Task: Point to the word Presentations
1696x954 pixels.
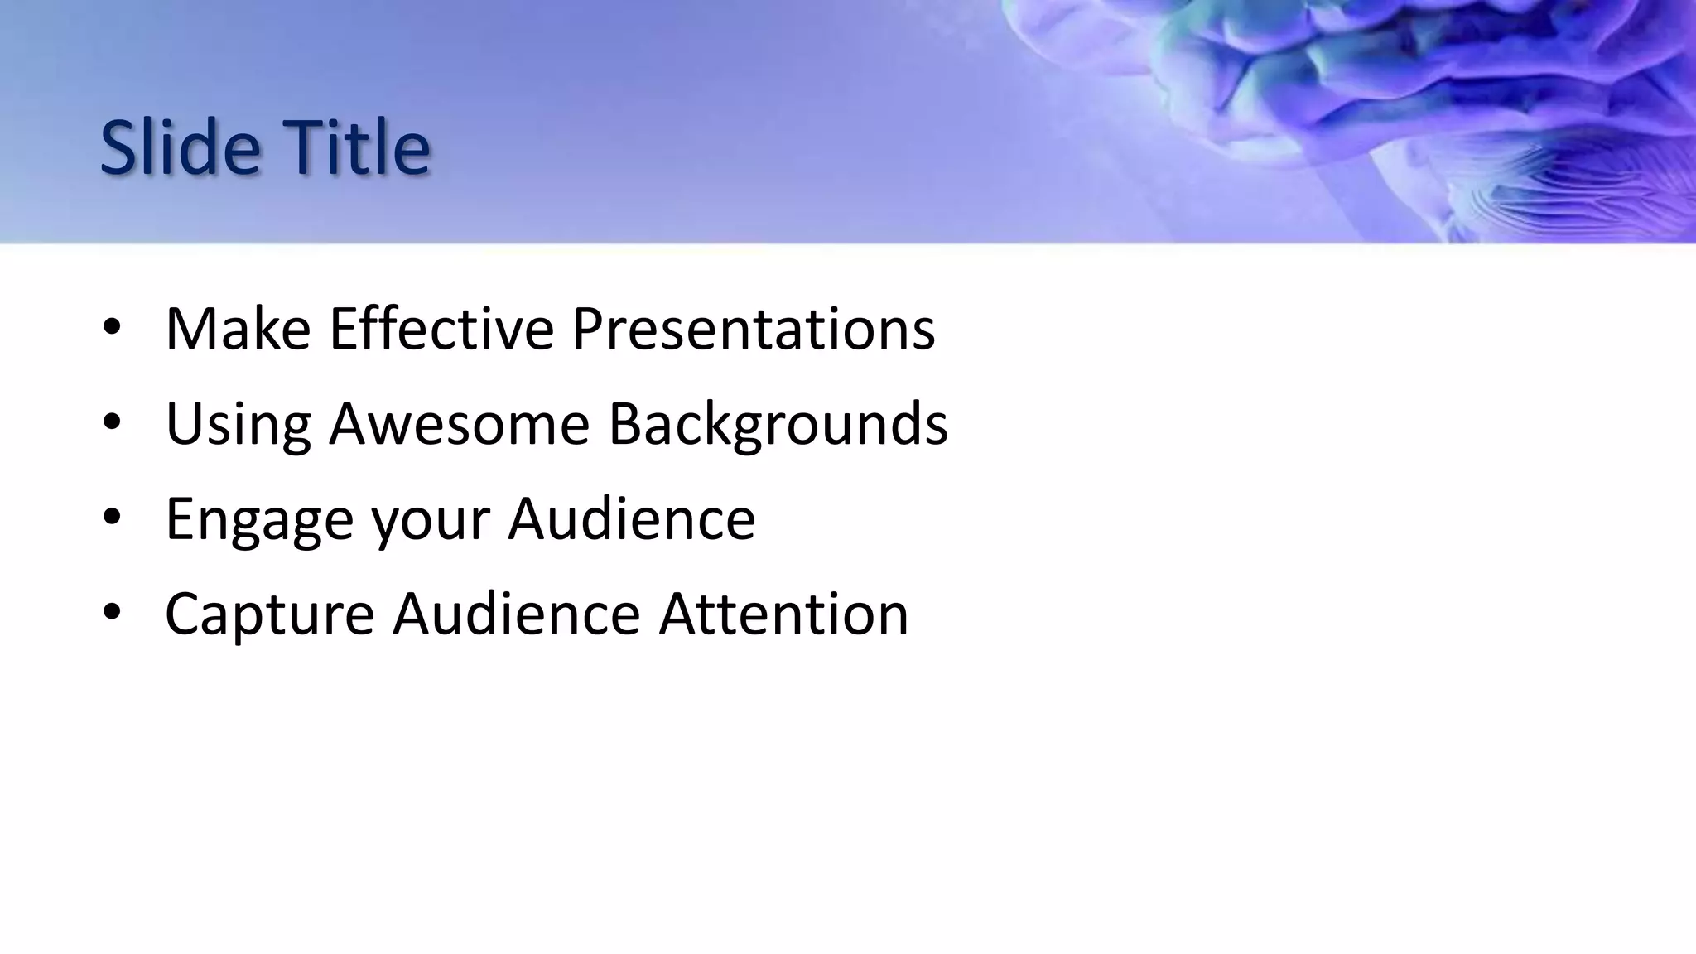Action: pyautogui.click(x=753, y=329)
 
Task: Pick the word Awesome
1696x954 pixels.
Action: pyautogui.click(x=459, y=424)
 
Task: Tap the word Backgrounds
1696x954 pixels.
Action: pyautogui.click(x=778, y=424)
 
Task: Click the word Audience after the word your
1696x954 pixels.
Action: pyautogui.click(x=631, y=519)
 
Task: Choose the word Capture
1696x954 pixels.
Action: pyautogui.click(x=269, y=614)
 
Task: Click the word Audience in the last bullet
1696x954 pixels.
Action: pyautogui.click(x=516, y=614)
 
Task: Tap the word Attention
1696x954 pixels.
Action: pyautogui.click(x=783, y=614)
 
